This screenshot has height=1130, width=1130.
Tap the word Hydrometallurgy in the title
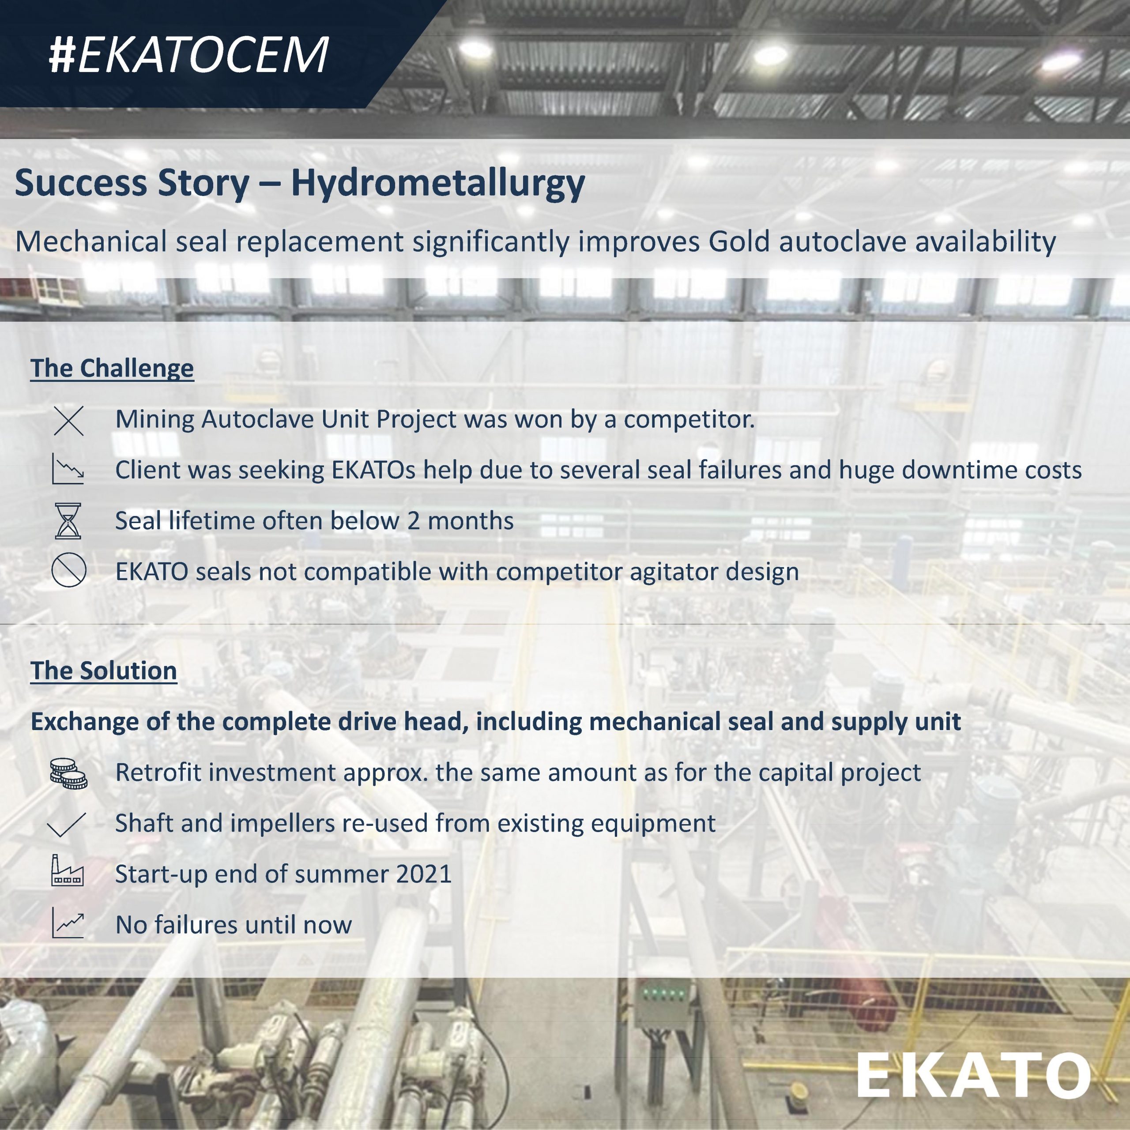pyautogui.click(x=437, y=184)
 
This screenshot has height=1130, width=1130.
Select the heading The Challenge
pyautogui.click(x=112, y=369)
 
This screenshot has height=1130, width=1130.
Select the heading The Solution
pyautogui.click(x=104, y=670)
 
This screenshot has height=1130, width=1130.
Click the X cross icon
pyautogui.click(x=68, y=421)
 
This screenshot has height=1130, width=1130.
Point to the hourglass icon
pyautogui.click(x=68, y=520)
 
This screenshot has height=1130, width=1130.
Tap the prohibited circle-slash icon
pyautogui.click(x=68, y=570)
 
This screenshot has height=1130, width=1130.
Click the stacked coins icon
pyautogui.click(x=68, y=773)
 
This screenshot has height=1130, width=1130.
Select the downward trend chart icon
pyautogui.click(x=68, y=469)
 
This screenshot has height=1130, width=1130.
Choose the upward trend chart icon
pyautogui.click(x=68, y=923)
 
